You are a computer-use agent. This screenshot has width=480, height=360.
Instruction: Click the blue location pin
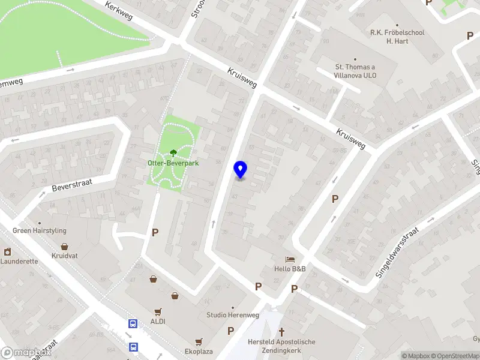point(241,170)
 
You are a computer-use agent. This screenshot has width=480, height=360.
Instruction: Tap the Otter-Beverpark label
point(173,163)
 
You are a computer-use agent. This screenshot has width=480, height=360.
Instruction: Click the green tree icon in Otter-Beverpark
point(174,153)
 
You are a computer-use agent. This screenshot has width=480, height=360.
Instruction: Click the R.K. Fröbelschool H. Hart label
point(397,37)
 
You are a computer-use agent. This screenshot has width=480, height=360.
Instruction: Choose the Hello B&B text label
point(290,269)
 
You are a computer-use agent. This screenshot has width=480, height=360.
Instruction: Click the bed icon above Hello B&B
point(290,259)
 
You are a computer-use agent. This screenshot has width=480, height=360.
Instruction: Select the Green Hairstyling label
point(40,230)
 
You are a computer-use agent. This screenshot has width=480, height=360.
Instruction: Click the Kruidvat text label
point(65,256)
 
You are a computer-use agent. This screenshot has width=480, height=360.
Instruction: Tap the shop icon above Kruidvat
point(64,246)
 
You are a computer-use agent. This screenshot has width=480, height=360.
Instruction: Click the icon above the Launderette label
point(7,252)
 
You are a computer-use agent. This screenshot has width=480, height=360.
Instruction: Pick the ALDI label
point(158,321)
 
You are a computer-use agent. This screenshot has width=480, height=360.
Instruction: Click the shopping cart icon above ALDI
point(158,311)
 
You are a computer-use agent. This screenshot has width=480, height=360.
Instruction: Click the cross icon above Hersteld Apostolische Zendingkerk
point(281,332)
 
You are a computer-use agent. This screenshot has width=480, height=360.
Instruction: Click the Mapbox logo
point(25,353)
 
